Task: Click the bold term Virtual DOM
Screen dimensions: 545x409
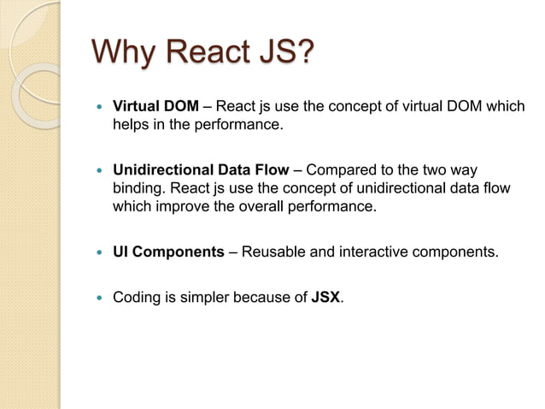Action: tap(156, 107)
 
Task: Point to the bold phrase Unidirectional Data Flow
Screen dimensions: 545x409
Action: tap(201, 169)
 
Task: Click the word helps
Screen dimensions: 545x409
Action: tap(132, 125)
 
